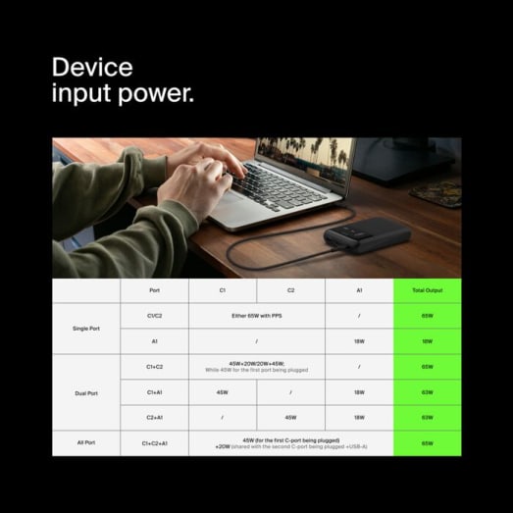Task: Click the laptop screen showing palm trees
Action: [x=304, y=160]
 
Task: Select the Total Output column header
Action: [x=427, y=290]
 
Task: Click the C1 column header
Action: [x=222, y=290]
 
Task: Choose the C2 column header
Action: [x=290, y=290]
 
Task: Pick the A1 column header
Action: [x=359, y=290]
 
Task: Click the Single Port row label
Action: [x=86, y=329]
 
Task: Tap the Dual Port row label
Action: [x=86, y=392]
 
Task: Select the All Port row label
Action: [x=86, y=443]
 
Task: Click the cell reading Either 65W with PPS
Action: [x=256, y=316]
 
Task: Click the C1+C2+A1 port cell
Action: [x=154, y=443]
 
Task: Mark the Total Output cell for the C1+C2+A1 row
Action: [x=427, y=443]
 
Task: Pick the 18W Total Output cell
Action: [x=427, y=341]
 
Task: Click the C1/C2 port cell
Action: [x=154, y=316]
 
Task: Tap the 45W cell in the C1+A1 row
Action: [x=222, y=392]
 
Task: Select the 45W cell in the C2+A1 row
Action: [x=290, y=418]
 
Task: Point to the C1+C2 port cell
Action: [x=154, y=367]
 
